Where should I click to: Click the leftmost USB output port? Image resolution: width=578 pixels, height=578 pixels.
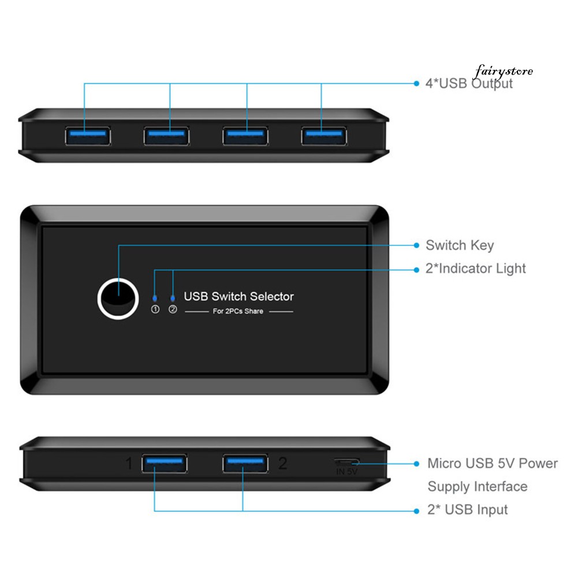[87, 136]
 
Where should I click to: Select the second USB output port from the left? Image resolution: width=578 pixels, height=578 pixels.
[166, 136]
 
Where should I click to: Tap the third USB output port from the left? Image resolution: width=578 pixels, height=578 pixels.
[245, 136]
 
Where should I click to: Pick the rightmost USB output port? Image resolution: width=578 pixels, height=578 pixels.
[323, 136]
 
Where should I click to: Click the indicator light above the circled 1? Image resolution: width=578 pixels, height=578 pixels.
[154, 298]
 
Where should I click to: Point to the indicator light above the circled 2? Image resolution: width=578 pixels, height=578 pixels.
[173, 298]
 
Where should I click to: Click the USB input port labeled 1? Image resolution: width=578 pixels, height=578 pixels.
[165, 463]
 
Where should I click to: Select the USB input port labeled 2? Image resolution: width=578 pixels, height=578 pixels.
[245, 463]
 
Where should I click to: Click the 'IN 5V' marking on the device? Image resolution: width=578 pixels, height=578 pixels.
[347, 472]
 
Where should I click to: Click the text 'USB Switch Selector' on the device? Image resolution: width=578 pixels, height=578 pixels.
[238, 297]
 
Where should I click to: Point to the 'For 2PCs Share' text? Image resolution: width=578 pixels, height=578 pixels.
[238, 311]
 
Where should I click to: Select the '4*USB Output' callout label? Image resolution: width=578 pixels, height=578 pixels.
[469, 84]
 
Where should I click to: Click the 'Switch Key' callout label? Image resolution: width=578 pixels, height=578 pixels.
[460, 245]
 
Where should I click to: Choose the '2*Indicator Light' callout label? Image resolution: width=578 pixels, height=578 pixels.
[476, 269]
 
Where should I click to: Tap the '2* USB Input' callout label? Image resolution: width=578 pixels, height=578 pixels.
[468, 510]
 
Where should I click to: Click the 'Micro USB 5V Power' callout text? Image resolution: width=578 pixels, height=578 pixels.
[493, 463]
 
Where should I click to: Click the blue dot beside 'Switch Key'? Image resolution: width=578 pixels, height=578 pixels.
[417, 245]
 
